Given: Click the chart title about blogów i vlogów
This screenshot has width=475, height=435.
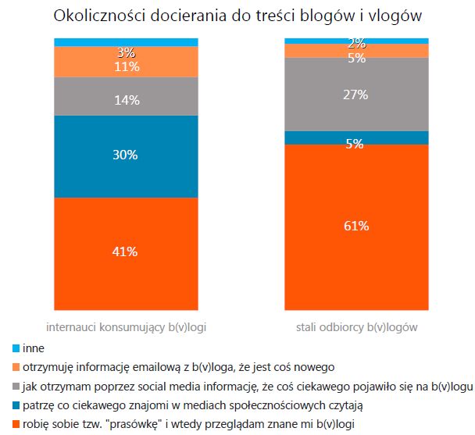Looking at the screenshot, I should [237, 16].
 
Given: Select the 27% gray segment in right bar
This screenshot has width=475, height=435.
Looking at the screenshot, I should [356, 94].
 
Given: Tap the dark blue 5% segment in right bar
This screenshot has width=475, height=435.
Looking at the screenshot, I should [356, 137].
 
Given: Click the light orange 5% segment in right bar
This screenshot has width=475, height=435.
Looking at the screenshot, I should [356, 51].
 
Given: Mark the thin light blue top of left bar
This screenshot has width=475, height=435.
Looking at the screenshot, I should [126, 41].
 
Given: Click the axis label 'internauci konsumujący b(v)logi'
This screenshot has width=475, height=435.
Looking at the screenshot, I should [126, 326].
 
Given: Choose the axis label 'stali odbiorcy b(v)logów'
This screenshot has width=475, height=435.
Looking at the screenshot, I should [356, 326].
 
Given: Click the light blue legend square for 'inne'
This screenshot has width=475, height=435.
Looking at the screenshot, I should [16, 348].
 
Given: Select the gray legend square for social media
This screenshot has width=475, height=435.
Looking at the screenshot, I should [16, 387].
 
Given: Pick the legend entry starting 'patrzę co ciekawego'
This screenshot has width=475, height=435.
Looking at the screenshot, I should [170, 405].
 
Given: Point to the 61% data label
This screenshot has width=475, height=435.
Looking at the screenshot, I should [356, 226].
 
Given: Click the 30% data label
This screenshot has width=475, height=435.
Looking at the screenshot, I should [126, 155].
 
